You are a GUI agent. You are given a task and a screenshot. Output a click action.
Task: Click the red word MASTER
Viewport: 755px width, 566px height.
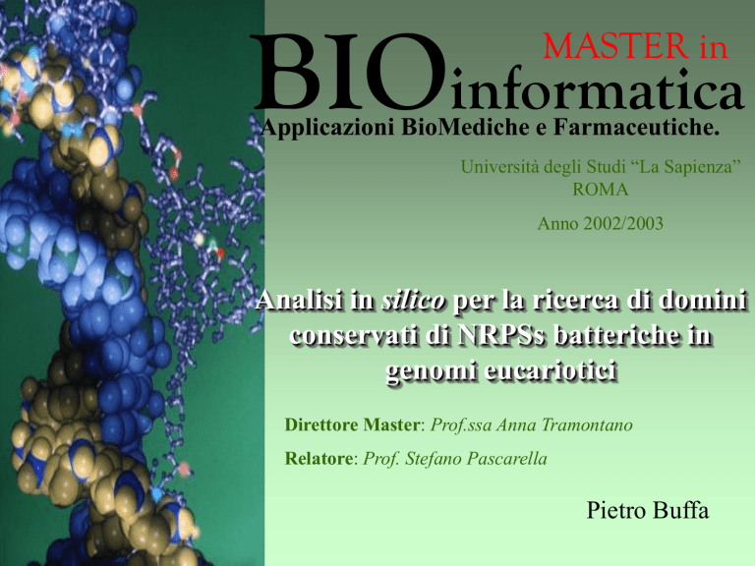615,46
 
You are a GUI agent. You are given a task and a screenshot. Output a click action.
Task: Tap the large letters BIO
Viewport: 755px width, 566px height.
348,71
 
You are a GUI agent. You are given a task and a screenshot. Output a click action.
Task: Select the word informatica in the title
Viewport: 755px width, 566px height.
598,88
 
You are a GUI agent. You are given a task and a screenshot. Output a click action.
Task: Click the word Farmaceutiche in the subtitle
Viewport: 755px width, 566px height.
636,127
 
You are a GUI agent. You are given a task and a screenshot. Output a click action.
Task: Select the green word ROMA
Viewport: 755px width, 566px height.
600,189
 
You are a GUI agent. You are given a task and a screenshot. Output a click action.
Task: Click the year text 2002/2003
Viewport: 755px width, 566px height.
623,223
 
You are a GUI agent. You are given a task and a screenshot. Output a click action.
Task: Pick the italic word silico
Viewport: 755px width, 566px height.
413,301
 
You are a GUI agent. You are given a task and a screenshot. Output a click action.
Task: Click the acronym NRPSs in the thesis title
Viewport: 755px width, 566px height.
500,335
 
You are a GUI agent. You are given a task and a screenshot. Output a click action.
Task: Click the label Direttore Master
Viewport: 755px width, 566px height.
352,424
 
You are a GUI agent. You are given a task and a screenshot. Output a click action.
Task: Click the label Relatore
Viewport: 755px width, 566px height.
319,458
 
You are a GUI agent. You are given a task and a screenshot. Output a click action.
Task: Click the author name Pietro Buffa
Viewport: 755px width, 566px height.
648,510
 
